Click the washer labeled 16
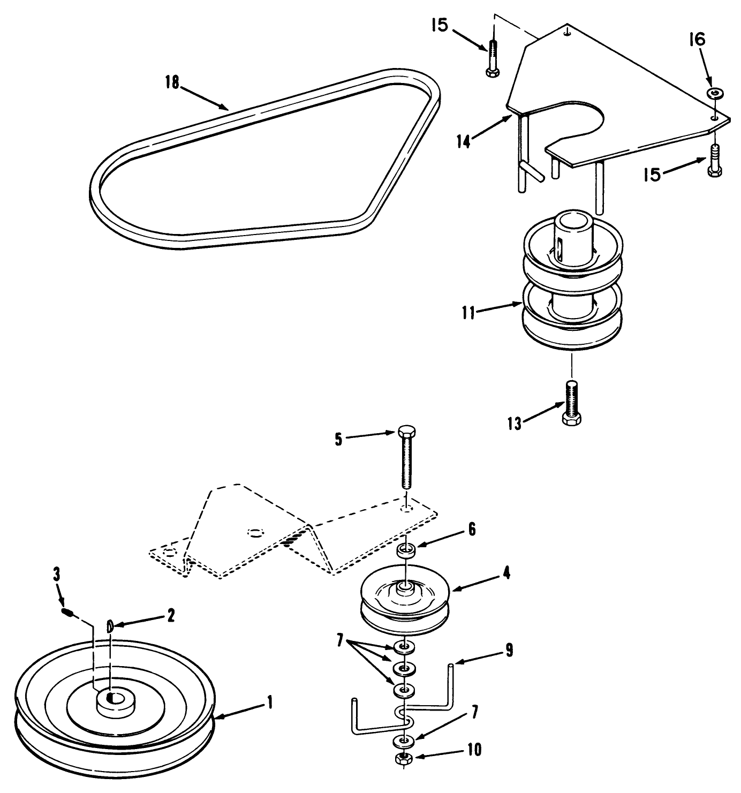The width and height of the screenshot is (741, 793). [x=713, y=94]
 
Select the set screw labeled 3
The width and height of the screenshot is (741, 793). [x=67, y=612]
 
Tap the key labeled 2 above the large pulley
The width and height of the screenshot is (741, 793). [x=110, y=625]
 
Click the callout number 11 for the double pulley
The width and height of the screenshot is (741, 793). [x=469, y=312]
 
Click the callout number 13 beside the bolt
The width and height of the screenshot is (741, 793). [x=514, y=424]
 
